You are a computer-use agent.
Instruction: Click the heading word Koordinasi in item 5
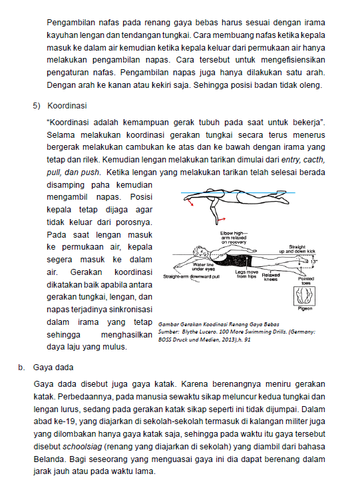point(67,106)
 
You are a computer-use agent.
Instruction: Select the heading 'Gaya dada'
point(53,368)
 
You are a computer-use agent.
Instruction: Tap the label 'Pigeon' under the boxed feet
point(305,308)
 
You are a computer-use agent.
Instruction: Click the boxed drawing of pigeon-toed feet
point(305,296)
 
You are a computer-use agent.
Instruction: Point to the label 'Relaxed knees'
point(271,277)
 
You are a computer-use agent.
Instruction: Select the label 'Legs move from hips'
point(247,274)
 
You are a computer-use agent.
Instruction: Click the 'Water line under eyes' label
point(203,267)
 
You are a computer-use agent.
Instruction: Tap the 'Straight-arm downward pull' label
point(191,276)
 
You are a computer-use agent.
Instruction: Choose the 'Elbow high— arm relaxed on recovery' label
point(234,238)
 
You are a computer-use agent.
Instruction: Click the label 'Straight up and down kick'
point(297,249)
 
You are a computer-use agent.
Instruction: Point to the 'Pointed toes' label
point(306,281)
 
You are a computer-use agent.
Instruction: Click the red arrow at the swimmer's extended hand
point(190,202)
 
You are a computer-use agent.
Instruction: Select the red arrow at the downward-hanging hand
point(222,218)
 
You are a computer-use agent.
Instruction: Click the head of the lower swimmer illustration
point(199,252)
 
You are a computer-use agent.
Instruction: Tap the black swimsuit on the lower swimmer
point(238,261)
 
